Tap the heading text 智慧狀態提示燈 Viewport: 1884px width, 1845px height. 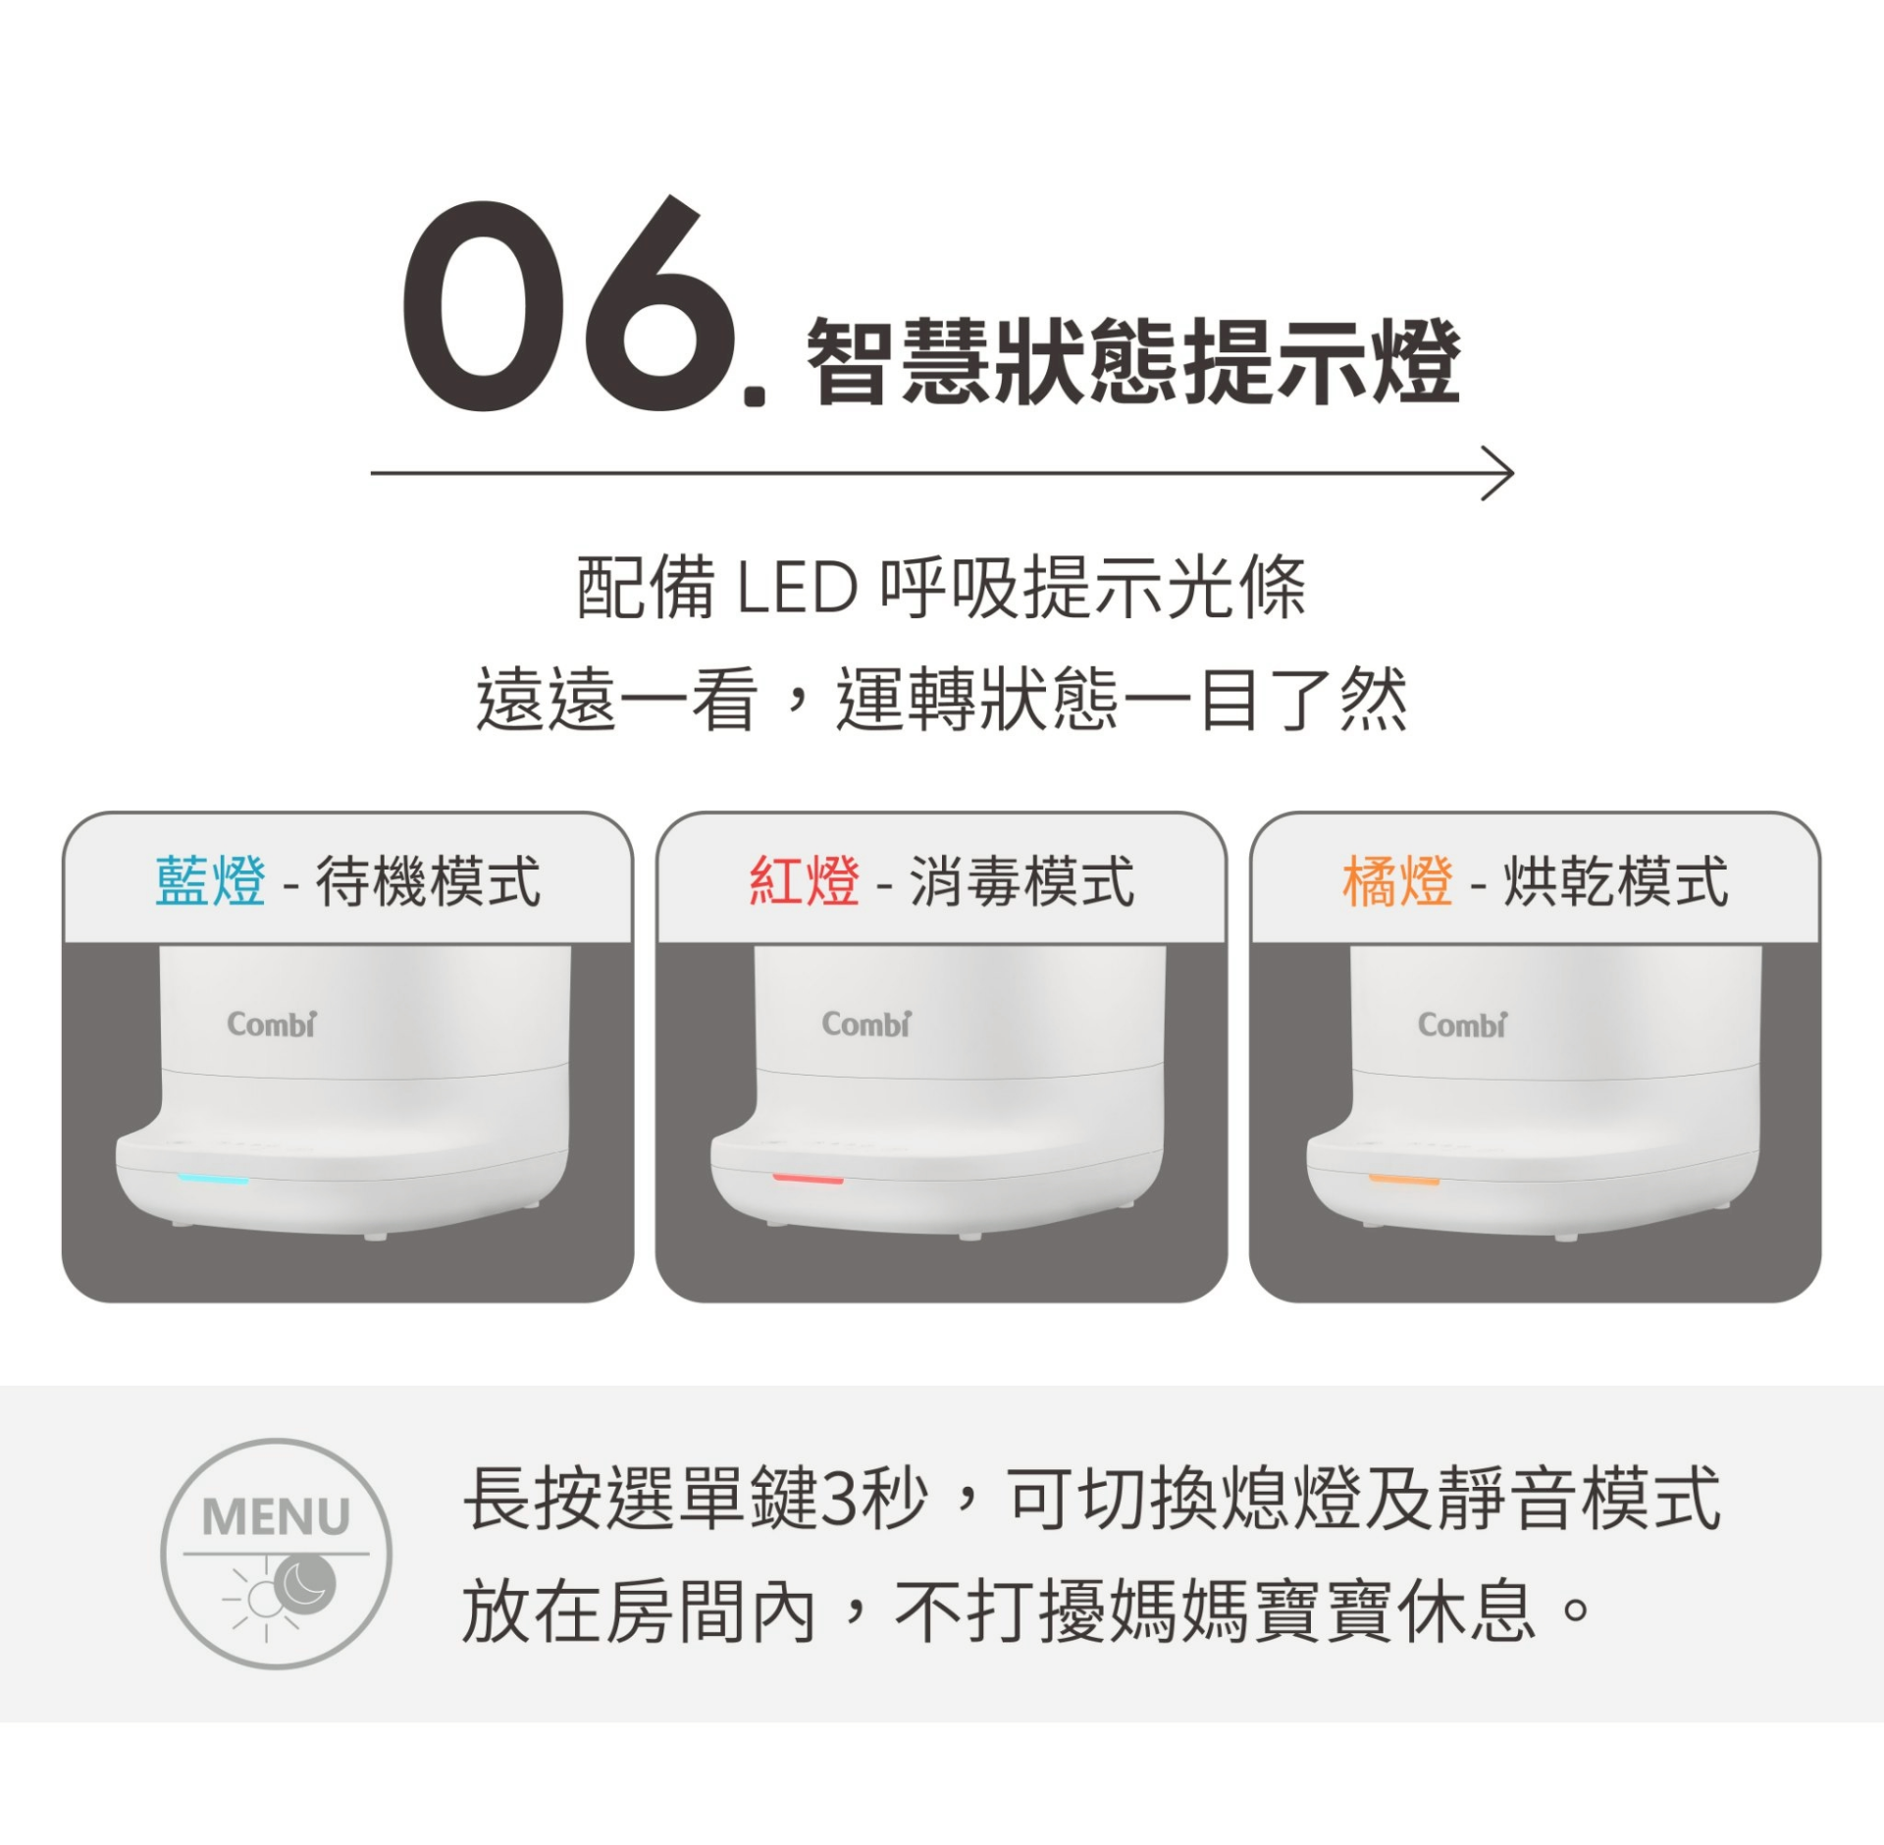point(1133,361)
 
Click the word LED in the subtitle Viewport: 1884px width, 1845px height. point(796,588)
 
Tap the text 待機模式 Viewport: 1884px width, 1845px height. point(428,880)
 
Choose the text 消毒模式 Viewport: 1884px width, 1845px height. point(1021,880)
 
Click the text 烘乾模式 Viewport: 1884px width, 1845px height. point(1615,880)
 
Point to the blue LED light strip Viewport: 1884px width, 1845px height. point(213,1178)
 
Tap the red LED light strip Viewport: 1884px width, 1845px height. point(808,1178)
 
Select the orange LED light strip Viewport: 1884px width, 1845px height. point(1404,1179)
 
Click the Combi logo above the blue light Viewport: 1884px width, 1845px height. point(272,1024)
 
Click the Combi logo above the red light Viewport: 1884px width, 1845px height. point(866,1024)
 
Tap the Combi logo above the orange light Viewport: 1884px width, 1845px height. point(1462,1025)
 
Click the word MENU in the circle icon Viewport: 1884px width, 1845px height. point(276,1516)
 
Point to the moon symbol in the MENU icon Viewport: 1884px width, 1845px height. point(305,1583)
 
